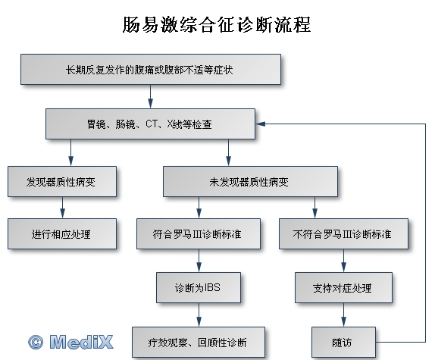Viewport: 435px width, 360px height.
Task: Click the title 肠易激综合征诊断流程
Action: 217,24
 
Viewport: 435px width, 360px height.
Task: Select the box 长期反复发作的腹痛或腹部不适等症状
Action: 151,69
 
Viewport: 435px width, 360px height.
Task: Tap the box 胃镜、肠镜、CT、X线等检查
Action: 150,124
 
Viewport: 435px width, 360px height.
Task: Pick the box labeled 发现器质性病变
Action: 62,182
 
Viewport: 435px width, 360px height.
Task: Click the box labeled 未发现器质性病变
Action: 250,182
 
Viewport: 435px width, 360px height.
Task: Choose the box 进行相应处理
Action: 62,233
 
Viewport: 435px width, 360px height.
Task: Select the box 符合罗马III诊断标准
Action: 199,233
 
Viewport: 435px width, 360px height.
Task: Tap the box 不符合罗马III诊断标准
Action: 343,233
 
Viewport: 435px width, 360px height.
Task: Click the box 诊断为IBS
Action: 199,287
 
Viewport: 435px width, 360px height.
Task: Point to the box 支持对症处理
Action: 343,287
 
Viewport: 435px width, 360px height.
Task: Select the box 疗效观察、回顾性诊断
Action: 199,343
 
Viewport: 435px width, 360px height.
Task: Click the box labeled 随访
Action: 343,343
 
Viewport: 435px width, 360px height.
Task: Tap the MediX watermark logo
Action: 70,342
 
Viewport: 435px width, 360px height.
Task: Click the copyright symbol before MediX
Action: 36,343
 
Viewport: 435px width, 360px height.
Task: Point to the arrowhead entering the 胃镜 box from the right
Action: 260,124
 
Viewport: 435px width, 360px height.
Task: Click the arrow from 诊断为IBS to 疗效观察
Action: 199,315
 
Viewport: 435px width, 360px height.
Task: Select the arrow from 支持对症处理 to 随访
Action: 343,315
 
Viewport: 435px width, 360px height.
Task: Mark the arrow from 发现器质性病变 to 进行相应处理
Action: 62,208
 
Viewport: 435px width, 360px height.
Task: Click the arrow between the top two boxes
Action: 150,96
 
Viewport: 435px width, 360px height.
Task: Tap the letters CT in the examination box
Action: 152,124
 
